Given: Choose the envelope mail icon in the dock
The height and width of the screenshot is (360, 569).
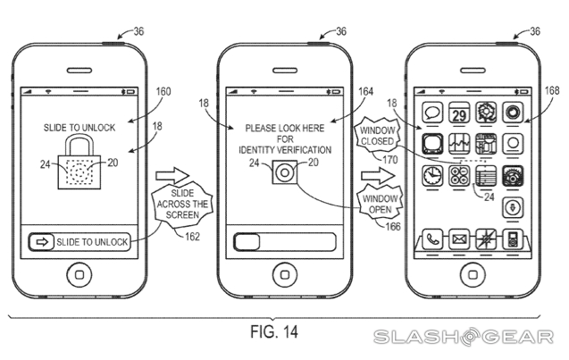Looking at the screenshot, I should pyautogui.click(x=459, y=239).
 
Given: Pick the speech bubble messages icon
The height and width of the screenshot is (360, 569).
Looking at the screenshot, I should pyautogui.click(x=433, y=113).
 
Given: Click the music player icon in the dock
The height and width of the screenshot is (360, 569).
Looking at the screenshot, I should pyautogui.click(x=513, y=239).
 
